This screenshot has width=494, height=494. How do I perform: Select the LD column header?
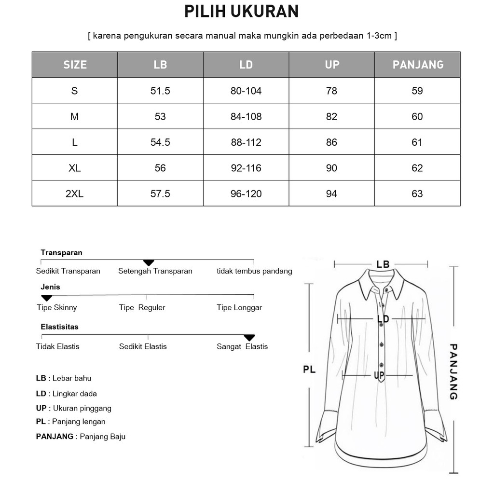coord(246,65)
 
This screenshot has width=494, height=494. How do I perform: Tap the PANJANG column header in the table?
coord(418,65)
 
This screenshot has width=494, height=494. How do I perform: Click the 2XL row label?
coord(74,194)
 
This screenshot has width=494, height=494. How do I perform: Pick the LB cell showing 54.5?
coord(160,142)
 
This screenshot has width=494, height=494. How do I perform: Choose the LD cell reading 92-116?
coord(246,168)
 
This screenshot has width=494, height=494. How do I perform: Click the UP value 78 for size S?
coord(331,91)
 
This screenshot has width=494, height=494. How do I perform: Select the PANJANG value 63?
coord(417,194)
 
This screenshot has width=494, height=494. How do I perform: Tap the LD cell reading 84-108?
coord(246,117)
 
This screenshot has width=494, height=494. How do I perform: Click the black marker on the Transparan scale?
coord(149,262)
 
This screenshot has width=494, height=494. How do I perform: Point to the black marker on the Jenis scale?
coord(46,298)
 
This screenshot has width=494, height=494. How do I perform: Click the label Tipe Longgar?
coord(239,308)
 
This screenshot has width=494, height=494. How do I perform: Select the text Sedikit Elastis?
coord(143,347)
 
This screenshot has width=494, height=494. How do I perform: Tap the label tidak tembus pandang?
coord(254,271)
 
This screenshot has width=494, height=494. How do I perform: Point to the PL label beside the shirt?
coord(309,370)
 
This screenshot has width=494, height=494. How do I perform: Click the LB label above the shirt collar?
coord(383,264)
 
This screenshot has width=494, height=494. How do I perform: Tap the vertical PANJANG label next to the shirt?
coord(453,371)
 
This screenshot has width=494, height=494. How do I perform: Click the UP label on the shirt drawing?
coord(379,375)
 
